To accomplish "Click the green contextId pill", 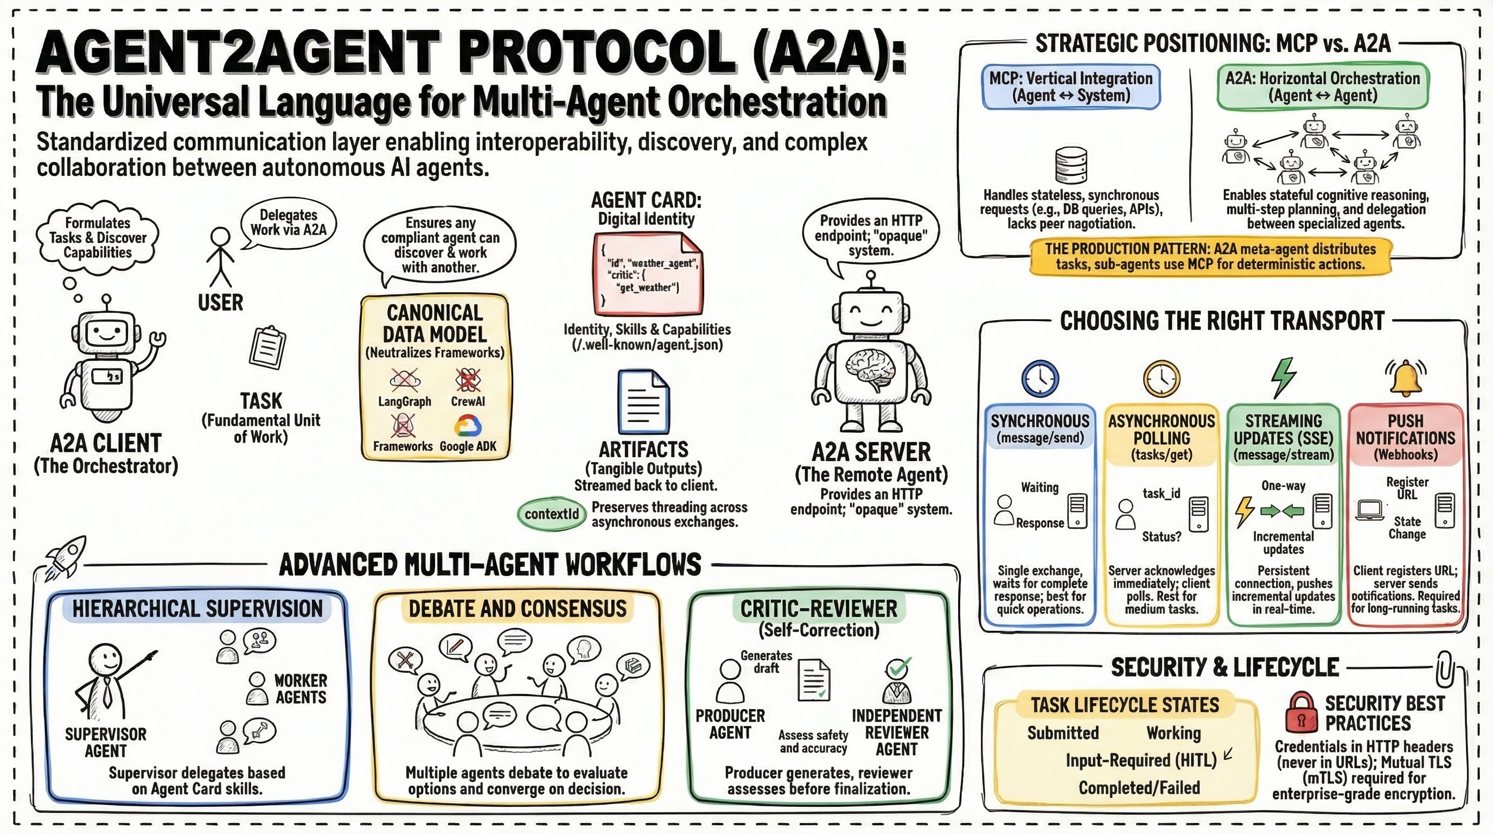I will click(x=551, y=514).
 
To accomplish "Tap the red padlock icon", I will click(x=1301, y=713).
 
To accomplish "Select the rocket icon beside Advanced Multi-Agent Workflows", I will click(x=65, y=557).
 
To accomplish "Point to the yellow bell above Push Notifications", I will click(x=1406, y=377).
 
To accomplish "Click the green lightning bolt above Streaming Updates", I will click(x=1283, y=377).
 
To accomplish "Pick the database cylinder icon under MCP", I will click(x=1070, y=165).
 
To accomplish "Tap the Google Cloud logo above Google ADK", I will click(x=468, y=426).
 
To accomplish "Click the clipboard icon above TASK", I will click(x=266, y=347).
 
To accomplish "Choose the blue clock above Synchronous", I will click(x=1040, y=378).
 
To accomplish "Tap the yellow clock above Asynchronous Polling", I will click(x=1162, y=378).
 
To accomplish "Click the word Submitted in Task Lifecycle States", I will click(x=1063, y=733).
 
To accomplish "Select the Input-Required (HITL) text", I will click(x=1140, y=760).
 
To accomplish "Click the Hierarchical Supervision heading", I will click(x=197, y=608).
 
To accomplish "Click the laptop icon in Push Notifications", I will click(x=1370, y=510).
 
